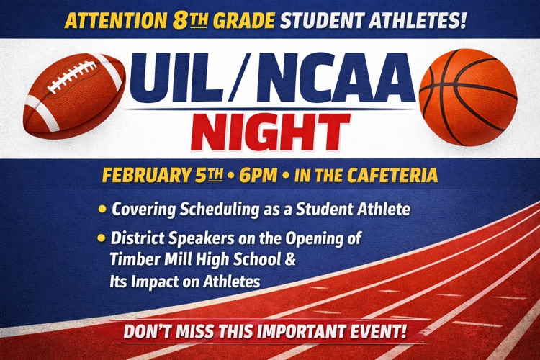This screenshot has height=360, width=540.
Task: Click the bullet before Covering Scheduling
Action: [x=102, y=210]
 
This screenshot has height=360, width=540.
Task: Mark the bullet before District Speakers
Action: [x=102, y=237]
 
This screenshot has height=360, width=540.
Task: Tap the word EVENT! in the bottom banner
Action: [x=379, y=333]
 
